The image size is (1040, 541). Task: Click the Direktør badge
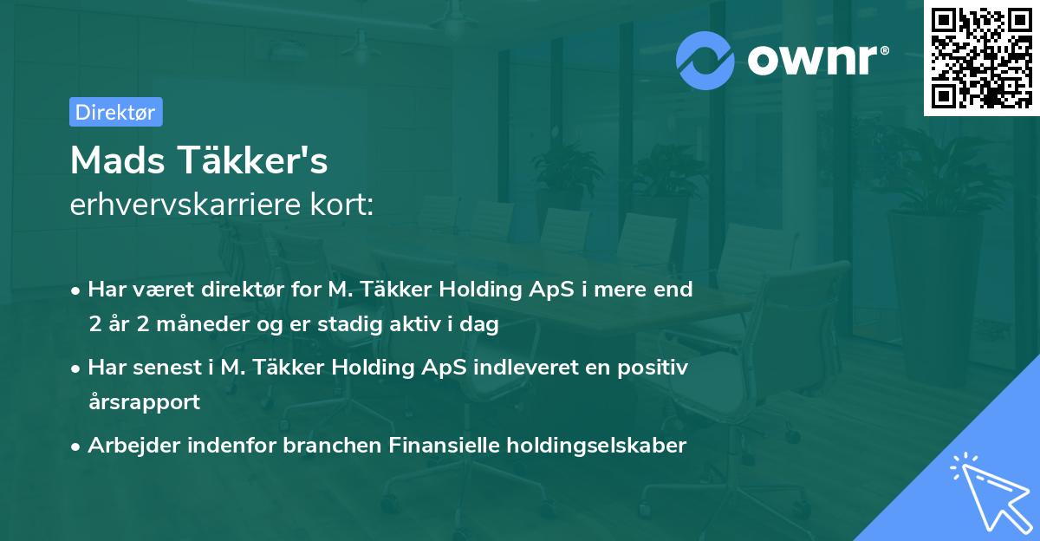pyautogui.click(x=115, y=112)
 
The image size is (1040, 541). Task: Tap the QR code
pyautogui.click(x=981, y=58)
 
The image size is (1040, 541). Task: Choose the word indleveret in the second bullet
pyautogui.click(x=528, y=368)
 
